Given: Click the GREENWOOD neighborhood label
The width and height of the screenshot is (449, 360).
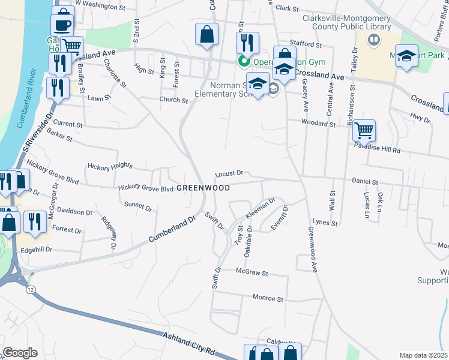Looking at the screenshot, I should (x=203, y=188).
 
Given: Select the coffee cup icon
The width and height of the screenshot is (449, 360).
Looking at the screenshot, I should (x=62, y=25).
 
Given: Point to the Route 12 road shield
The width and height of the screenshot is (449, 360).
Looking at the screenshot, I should (x=30, y=289).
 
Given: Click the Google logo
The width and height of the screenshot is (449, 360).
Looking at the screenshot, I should (x=20, y=353).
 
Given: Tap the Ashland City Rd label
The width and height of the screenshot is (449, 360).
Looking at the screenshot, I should (x=196, y=343).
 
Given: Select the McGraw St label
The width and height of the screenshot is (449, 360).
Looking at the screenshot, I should (x=252, y=272).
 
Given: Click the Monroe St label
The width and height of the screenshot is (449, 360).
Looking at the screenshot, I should (x=268, y=298).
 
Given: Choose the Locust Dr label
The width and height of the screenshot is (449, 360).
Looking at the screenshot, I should (x=229, y=173).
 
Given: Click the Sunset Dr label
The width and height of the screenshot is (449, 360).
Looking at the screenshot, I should (x=138, y=205).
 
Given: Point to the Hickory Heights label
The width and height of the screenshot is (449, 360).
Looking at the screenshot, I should (x=109, y=166).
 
